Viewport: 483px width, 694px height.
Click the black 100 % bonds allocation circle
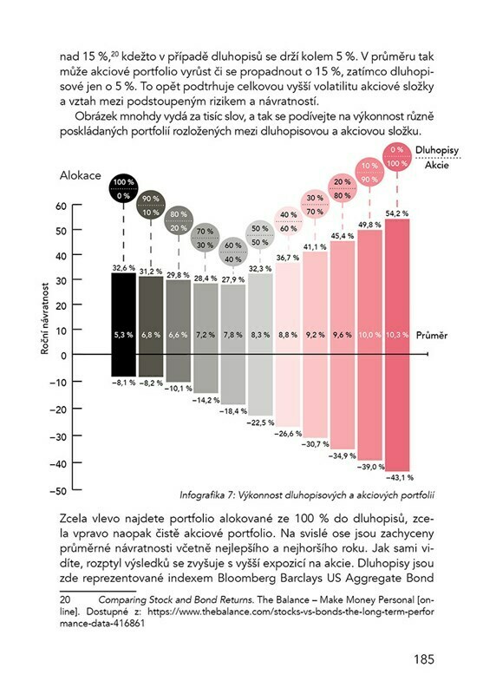[123, 188]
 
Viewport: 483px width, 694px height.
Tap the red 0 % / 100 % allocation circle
[397, 157]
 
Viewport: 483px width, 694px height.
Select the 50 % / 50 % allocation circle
[260, 235]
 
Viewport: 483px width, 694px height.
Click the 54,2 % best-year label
[397, 213]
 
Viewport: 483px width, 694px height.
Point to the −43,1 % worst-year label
[400, 478]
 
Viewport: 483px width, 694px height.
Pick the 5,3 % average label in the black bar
[123, 335]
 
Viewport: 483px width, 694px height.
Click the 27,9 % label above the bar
[232, 279]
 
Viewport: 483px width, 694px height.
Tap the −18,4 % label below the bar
[232, 411]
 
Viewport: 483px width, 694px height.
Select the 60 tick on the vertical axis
[61, 206]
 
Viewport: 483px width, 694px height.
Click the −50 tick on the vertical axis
[58, 491]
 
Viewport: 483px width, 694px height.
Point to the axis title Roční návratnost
[45, 318]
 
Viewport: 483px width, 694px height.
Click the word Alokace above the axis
[80, 176]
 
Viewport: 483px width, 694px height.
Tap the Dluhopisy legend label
[437, 150]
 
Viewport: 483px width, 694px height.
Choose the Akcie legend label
[437, 165]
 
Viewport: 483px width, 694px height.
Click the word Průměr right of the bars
[432, 336]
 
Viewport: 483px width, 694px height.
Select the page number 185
[424, 659]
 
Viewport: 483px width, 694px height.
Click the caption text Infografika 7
[207, 495]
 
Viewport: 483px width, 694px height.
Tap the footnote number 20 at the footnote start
[65, 599]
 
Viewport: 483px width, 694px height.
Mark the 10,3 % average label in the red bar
[397, 335]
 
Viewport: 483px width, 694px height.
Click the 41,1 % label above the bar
[315, 246]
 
